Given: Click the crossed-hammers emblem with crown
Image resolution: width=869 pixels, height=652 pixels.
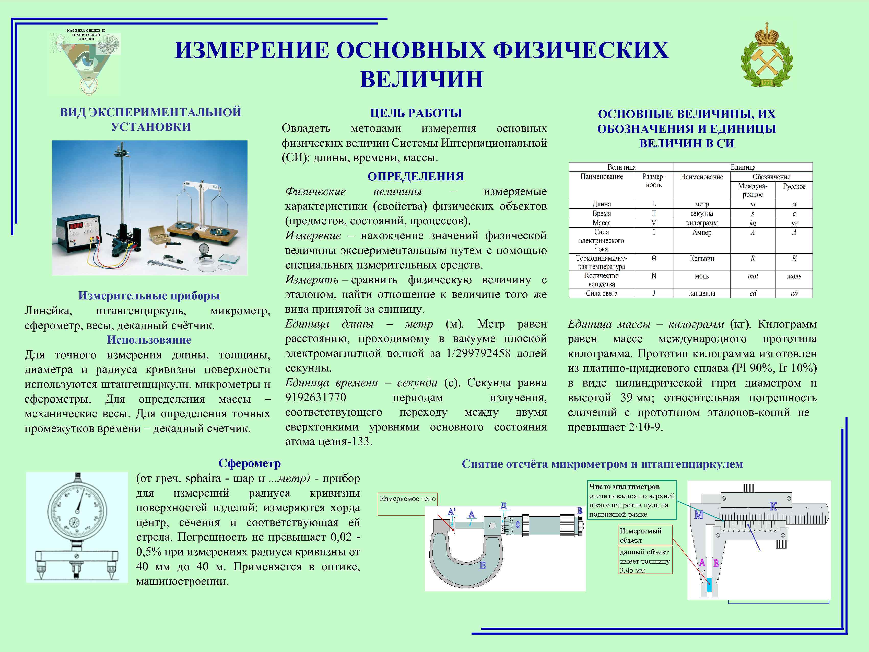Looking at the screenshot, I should (x=767, y=55).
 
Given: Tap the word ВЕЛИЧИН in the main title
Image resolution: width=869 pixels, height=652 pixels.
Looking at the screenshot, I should (x=421, y=79).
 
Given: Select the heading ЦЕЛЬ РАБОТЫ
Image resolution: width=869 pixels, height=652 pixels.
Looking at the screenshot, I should (x=416, y=113).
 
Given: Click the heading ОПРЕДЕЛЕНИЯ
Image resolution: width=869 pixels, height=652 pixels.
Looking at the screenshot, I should (x=416, y=177).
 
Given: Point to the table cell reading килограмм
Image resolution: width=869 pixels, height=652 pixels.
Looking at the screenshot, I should (x=702, y=223).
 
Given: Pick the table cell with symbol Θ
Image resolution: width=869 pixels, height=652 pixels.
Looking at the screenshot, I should (x=654, y=259).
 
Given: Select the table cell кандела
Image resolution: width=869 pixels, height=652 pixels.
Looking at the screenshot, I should (x=702, y=293).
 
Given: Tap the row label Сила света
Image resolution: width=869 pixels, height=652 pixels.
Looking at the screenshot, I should (x=602, y=293).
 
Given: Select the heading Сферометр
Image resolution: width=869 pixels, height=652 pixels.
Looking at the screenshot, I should (x=250, y=463).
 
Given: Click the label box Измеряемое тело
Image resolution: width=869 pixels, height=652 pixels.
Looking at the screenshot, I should (x=407, y=499).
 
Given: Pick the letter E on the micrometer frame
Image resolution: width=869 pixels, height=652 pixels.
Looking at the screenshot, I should (x=483, y=565).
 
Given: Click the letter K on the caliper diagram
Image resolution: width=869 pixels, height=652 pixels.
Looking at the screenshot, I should (x=773, y=507).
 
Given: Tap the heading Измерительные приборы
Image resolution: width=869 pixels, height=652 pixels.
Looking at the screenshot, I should (x=149, y=296).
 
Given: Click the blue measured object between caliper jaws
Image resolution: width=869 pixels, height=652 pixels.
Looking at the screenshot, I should (x=709, y=585).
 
